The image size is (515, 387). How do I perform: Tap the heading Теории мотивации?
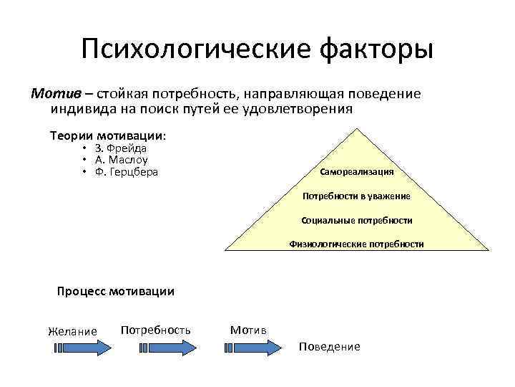click(107, 135)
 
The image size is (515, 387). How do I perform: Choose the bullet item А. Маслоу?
click(123, 161)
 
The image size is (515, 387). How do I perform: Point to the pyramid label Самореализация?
click(357, 172)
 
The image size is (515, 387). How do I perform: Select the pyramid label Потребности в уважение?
click(356, 196)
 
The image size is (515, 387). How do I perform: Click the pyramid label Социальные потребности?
click(357, 220)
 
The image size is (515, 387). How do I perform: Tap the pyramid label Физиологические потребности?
click(356, 244)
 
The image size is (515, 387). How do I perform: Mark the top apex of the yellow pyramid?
click(357, 128)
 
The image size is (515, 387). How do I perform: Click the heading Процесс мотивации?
click(115, 291)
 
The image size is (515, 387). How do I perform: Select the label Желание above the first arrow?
click(72, 330)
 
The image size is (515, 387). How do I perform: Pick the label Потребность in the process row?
click(156, 330)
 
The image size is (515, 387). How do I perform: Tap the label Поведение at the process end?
click(330, 346)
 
